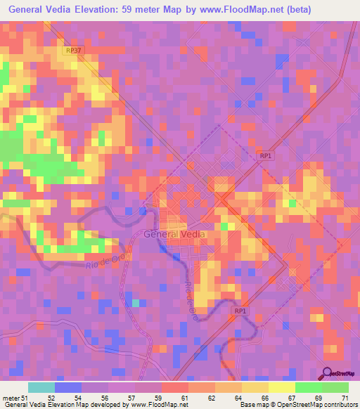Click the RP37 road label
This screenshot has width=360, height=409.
pos(72,51)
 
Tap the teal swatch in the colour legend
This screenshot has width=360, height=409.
pos(41,387)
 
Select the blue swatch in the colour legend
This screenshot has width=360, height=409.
pos(67,387)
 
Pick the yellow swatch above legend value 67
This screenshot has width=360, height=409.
pos(281,387)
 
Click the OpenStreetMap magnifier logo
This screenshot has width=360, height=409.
pos(328,373)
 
